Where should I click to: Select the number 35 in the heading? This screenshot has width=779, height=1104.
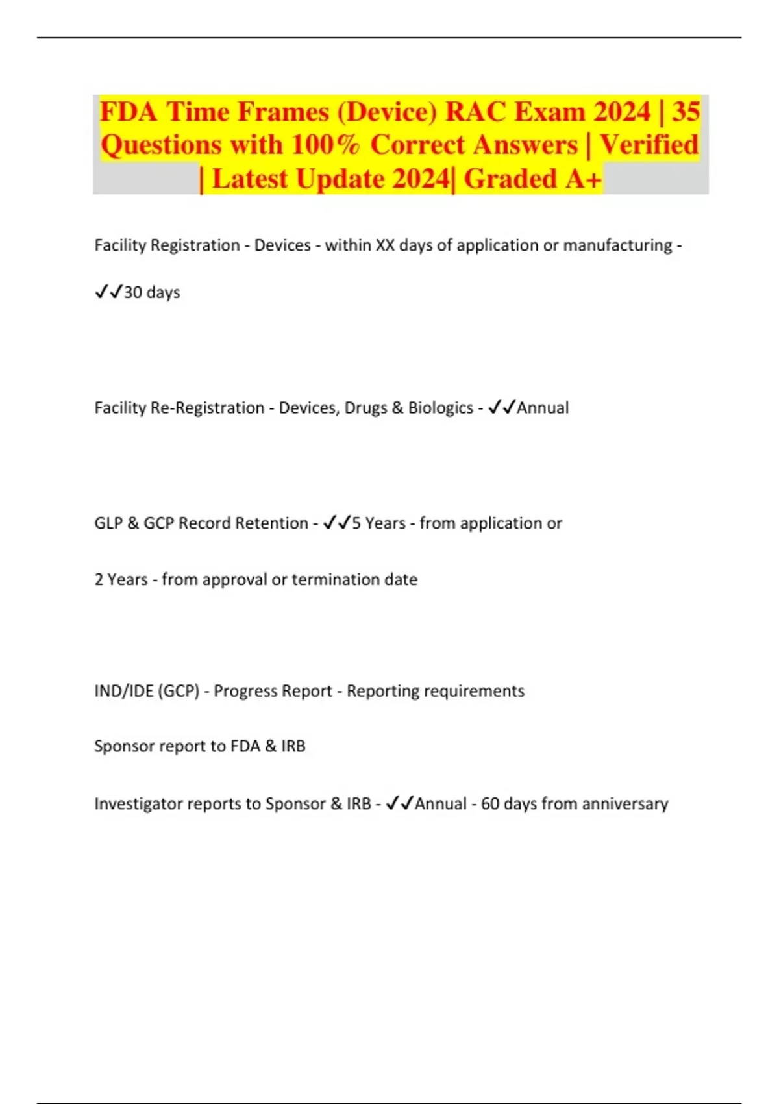[x=686, y=112]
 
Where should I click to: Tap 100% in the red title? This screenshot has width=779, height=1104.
[x=325, y=145]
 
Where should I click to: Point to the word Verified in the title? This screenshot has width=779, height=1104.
[x=649, y=145]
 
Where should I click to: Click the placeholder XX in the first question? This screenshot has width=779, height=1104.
[x=385, y=245]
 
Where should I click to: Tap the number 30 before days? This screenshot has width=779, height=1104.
[x=133, y=292]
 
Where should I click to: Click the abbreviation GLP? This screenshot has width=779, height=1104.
[x=108, y=523]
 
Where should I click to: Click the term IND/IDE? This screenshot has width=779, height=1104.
[x=123, y=691]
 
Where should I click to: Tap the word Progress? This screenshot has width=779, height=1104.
[x=241, y=691]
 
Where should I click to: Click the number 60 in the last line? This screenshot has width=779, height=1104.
[x=489, y=804]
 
